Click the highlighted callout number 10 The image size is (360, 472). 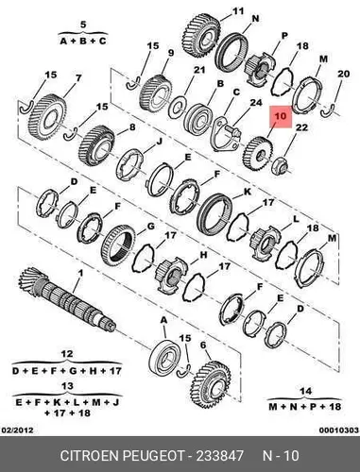click(x=281, y=116)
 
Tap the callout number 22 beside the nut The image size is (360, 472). click(x=301, y=127)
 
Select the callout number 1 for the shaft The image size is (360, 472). click(x=80, y=273)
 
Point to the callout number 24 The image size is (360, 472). click(x=256, y=103)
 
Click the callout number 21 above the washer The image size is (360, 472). click(x=199, y=70)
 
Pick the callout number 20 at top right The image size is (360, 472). click(x=343, y=74)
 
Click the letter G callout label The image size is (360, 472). click(x=151, y=227)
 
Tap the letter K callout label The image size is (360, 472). click(x=248, y=192)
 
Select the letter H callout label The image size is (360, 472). click(x=203, y=254)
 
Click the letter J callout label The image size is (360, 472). click(x=159, y=142)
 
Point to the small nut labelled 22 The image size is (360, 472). click(x=281, y=166)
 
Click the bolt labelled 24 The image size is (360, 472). click(x=233, y=130)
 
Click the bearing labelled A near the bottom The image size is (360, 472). click(x=164, y=357)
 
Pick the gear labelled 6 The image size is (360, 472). click(x=211, y=384)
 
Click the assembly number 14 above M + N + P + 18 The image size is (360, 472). click(x=305, y=392)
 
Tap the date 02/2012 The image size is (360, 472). click(x=17, y=430)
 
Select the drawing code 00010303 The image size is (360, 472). click(x=339, y=430)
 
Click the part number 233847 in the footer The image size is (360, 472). click(x=220, y=456)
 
